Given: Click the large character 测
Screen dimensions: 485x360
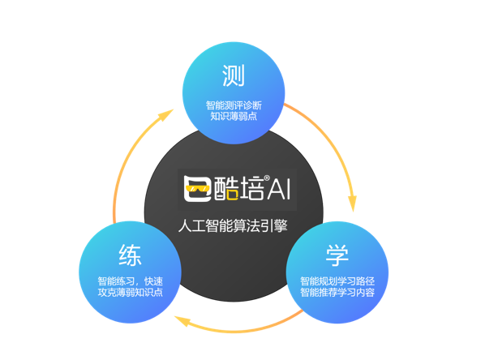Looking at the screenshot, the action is click(x=234, y=75).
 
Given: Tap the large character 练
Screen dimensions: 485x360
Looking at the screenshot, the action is click(x=131, y=255).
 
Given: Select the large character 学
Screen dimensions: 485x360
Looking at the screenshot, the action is click(x=337, y=255).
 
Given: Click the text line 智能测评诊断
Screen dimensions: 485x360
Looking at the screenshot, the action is click(x=234, y=105).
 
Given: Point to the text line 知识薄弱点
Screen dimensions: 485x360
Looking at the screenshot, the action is click(x=234, y=116).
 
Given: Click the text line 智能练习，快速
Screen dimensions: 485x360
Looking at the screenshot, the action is click(x=131, y=281).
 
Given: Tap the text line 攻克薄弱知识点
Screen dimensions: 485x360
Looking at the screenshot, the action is click(x=131, y=292).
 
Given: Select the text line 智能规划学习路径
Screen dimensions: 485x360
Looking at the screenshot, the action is click(x=337, y=281).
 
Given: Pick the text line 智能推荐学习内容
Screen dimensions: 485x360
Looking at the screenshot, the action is click(x=337, y=292).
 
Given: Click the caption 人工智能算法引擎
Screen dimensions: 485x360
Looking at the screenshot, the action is click(x=233, y=225).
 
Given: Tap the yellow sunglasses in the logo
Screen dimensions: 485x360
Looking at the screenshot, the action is click(x=197, y=188).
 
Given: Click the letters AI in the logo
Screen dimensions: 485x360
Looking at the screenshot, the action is click(x=279, y=189).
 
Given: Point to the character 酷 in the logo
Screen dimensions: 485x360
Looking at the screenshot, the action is click(x=226, y=188).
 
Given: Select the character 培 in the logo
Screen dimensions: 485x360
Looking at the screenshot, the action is click(x=252, y=188).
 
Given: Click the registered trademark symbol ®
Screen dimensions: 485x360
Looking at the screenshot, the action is click(x=267, y=178).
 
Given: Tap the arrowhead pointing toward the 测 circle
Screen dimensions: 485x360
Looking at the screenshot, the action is click(x=165, y=115).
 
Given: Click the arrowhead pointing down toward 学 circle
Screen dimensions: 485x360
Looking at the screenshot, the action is click(x=352, y=204).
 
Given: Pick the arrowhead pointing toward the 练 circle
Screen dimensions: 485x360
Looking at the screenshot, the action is click(x=182, y=321).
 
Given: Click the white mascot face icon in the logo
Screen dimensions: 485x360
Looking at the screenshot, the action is click(x=197, y=189).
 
